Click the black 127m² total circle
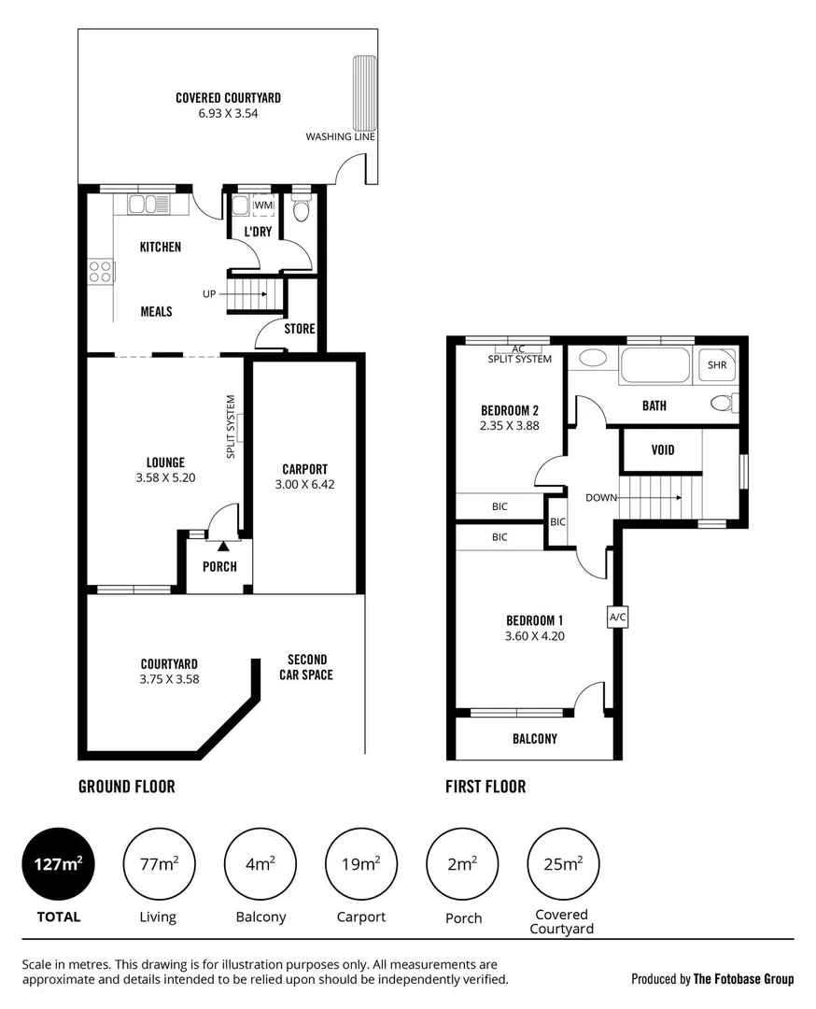click(58, 864)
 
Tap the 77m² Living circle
click(159, 864)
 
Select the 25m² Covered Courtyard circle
click(563, 864)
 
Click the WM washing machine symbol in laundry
click(263, 205)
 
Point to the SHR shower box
click(717, 365)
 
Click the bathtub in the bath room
click(654, 364)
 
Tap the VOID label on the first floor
click(661, 450)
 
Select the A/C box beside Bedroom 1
click(616, 618)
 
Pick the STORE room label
click(300, 329)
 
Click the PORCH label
click(219, 566)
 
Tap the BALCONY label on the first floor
click(534, 738)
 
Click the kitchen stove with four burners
click(100, 271)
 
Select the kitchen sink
click(147, 204)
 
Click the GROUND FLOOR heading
click(126, 787)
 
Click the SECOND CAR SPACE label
click(306, 667)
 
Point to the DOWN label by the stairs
click(601, 497)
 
